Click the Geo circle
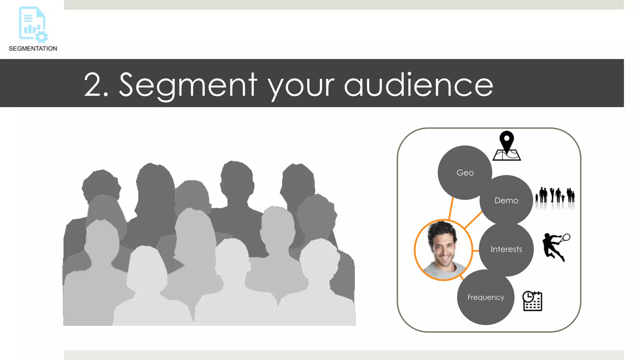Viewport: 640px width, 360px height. point(465,172)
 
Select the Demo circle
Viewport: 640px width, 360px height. point(506,200)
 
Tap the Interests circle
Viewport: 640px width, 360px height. point(506,249)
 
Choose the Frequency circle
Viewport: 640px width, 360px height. point(486,297)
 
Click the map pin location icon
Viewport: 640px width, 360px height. point(507,146)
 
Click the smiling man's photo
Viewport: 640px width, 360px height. point(443,250)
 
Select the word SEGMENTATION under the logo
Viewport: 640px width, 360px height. point(33,48)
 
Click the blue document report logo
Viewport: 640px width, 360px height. point(32,24)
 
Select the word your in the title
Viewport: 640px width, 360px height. point(301,86)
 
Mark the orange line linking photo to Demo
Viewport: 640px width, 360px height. point(473,220)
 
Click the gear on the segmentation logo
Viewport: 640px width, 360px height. point(42,37)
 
